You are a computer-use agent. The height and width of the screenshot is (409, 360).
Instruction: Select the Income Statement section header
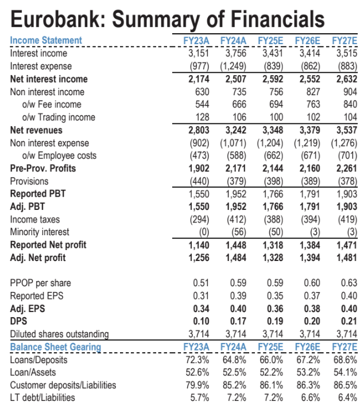pyautogui.click(x=46, y=40)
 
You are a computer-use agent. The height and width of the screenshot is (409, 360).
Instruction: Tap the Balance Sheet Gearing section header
pyautogui.click(x=55, y=347)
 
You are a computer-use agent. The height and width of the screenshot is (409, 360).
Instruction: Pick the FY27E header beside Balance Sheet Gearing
pyautogui.click(x=344, y=348)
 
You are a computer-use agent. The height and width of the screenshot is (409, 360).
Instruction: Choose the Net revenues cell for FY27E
pyautogui.click(x=345, y=130)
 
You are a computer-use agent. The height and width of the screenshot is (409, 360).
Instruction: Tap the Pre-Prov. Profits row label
pyautogui.click(x=43, y=169)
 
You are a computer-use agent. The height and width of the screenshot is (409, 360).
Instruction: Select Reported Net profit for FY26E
pyautogui.click(x=309, y=245)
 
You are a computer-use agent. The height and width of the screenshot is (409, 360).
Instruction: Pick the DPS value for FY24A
pyautogui.click(x=237, y=322)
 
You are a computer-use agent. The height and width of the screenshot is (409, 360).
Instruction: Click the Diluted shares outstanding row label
pyautogui.click(x=60, y=334)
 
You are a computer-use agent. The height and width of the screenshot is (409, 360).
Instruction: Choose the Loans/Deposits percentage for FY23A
pyautogui.click(x=199, y=360)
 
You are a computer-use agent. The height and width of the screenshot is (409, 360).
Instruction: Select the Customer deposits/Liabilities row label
pyautogui.click(x=63, y=385)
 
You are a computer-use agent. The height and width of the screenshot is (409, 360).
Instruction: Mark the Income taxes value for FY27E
pyautogui.click(x=345, y=220)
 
